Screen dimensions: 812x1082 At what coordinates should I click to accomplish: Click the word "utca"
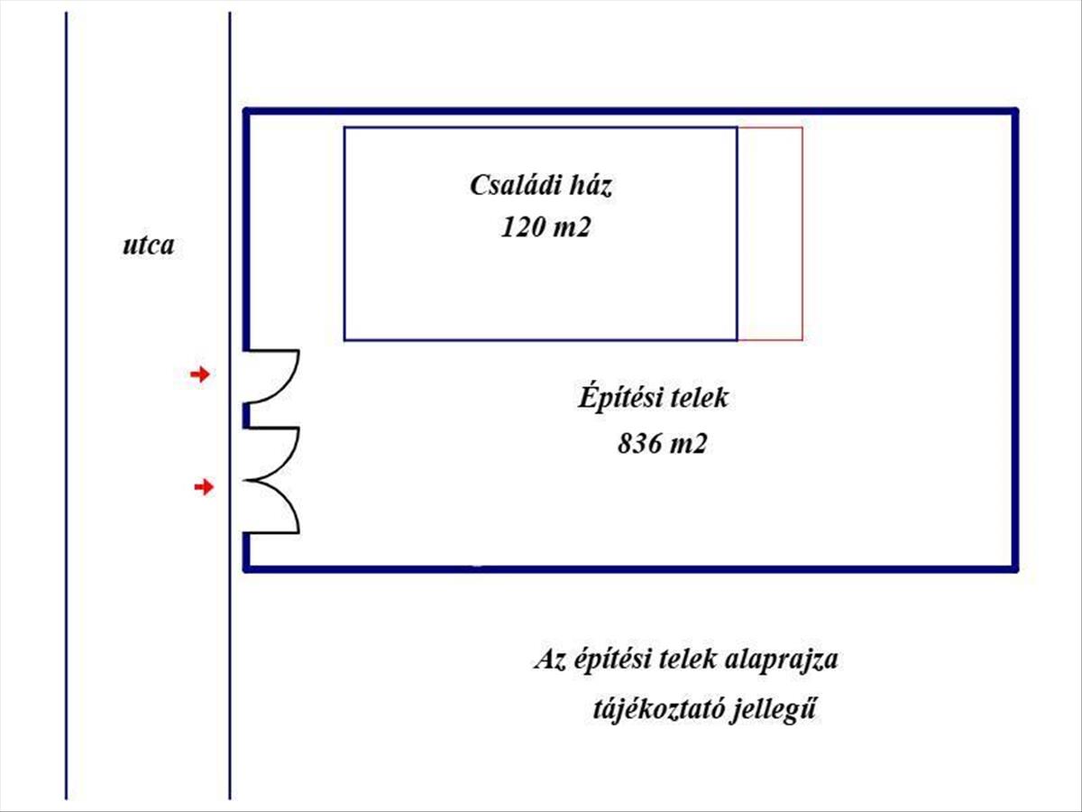click(149, 245)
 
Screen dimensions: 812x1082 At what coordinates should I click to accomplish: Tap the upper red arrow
click(199, 374)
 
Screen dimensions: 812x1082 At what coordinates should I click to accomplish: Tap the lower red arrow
click(205, 487)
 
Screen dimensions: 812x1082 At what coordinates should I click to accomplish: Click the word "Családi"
click(509, 187)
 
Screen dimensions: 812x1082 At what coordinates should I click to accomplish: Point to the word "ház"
click(591, 187)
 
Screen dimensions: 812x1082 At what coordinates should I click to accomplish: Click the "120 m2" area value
click(546, 228)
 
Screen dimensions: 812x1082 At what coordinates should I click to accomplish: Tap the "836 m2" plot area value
click(660, 444)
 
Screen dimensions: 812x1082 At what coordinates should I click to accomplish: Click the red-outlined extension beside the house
click(770, 234)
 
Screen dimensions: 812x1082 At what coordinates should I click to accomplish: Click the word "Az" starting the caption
click(547, 660)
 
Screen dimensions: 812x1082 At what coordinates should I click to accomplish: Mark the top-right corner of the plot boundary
click(1015, 112)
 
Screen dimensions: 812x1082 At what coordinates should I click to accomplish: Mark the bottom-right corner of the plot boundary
click(1015, 568)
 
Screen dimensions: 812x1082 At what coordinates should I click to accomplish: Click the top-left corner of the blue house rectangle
click(344, 128)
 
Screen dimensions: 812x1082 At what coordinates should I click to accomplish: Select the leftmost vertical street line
click(67, 406)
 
